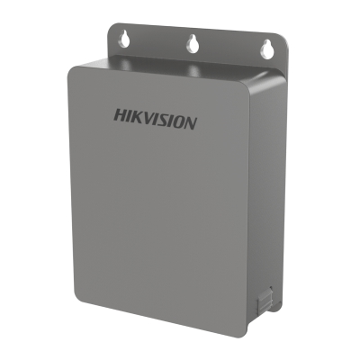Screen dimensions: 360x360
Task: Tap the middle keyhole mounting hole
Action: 191,43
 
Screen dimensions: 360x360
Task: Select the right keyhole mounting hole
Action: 265,49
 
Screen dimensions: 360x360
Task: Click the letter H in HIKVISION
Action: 121,115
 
